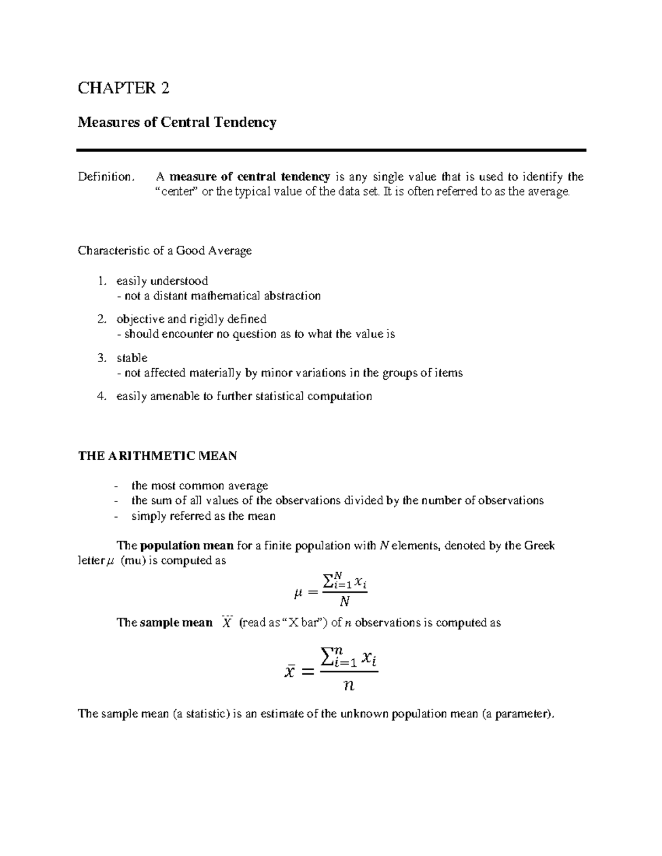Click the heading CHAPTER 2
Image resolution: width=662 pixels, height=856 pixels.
pos(123,88)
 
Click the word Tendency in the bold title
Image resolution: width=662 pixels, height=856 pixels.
pos(246,122)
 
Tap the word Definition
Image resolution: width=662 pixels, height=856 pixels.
pos(105,177)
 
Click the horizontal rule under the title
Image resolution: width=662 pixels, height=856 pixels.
pos(331,150)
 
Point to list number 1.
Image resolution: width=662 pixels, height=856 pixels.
pos(102,281)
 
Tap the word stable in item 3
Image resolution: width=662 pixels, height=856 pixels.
pos(132,358)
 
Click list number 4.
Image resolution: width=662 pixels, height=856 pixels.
pos(102,396)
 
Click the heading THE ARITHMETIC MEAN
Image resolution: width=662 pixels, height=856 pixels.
pos(157,456)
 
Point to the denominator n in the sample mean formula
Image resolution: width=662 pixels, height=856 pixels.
pos(348,686)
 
